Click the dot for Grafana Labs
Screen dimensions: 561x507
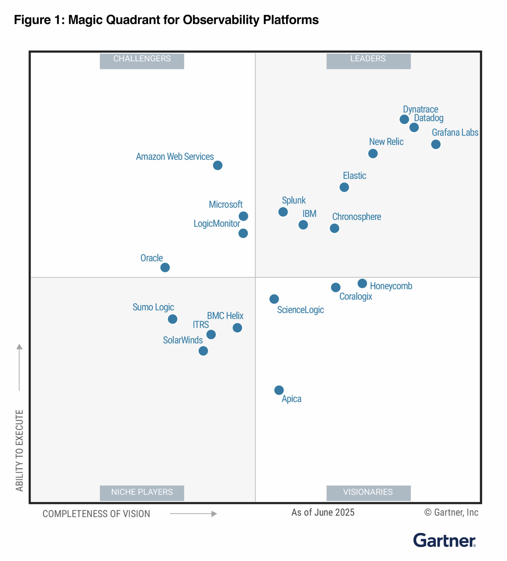coord(436,144)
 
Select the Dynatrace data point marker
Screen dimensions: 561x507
coord(404,119)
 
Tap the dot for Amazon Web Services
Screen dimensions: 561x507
coord(217,165)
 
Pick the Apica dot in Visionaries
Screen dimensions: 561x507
coord(279,390)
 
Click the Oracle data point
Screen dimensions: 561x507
coord(165,267)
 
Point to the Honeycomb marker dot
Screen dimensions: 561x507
coord(362,283)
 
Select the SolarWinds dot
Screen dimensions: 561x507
coord(203,351)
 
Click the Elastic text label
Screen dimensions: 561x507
coord(354,176)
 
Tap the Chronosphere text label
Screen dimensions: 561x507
coord(356,216)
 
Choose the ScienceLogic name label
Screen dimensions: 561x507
coord(300,310)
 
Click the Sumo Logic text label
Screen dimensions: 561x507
coord(153,307)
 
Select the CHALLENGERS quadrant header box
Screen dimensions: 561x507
coord(142,61)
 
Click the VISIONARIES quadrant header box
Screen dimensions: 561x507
coord(368,493)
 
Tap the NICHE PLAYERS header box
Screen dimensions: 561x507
coord(142,493)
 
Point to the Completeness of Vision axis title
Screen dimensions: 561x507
coord(96,514)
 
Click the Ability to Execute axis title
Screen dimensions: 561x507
coord(19,450)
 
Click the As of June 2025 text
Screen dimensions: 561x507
coord(323,512)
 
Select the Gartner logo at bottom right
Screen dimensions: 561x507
coord(444,540)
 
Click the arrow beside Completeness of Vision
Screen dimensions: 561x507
coord(193,514)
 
